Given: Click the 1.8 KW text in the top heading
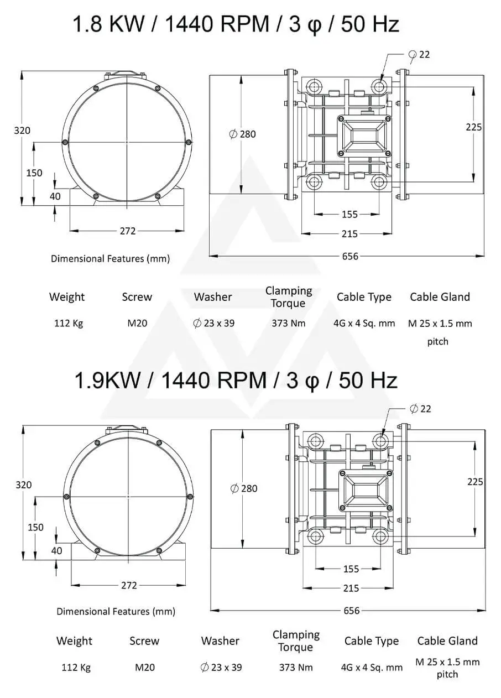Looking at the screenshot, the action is [x=108, y=24].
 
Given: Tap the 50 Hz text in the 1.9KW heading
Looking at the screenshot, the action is [x=368, y=381].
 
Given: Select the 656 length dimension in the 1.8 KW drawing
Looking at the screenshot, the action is [x=350, y=256].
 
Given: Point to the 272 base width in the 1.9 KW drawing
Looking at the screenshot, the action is [x=129, y=585].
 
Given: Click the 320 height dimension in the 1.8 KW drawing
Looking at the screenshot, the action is [x=22, y=130].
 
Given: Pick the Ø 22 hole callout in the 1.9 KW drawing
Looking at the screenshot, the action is [x=420, y=409].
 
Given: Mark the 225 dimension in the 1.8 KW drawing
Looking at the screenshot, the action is [x=473, y=127].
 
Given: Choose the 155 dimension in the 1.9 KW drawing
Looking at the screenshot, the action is [x=351, y=569].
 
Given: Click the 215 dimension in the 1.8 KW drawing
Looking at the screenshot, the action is [x=349, y=234].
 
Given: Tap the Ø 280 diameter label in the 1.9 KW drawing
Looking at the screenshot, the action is [x=244, y=488].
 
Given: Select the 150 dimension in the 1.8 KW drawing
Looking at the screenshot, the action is [x=34, y=173].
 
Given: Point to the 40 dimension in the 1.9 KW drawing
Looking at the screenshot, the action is [x=56, y=551].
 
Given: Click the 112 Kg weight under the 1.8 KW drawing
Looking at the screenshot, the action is [x=69, y=323].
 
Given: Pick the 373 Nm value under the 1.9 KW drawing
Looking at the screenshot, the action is [x=296, y=667].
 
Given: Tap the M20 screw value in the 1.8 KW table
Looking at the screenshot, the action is [x=137, y=323].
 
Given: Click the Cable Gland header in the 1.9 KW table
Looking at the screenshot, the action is [x=447, y=640].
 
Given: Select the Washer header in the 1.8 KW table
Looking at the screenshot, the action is [x=213, y=297].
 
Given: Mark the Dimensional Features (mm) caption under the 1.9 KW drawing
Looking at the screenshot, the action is [x=116, y=611].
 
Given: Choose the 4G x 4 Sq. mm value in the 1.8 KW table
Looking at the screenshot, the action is [x=364, y=324].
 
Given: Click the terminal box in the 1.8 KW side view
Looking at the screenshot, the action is [x=364, y=136].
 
